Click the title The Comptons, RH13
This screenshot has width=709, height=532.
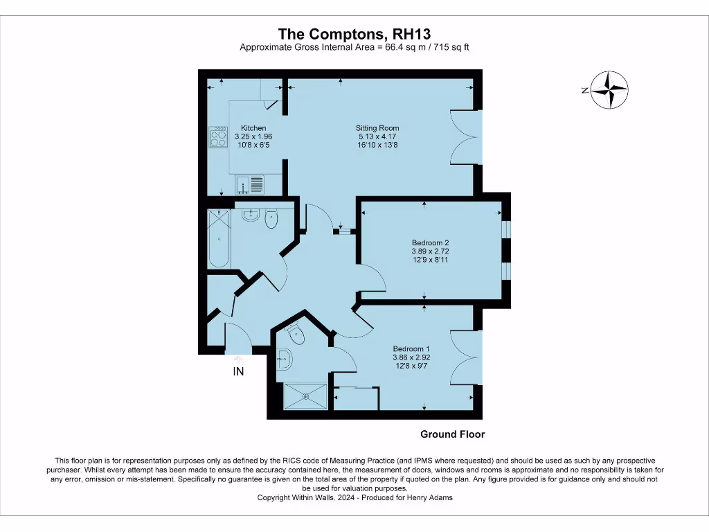(x=354, y=34)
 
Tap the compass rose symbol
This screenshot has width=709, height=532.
(x=609, y=89)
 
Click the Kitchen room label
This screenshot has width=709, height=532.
(x=253, y=128)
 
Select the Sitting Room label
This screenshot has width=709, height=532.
(x=377, y=128)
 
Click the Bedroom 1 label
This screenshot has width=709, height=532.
(x=411, y=348)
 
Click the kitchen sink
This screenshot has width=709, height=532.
(x=250, y=184)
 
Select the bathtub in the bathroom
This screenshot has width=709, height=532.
(x=219, y=238)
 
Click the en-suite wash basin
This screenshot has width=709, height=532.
(x=284, y=359)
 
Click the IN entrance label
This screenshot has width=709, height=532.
(x=238, y=371)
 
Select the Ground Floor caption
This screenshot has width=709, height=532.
(x=453, y=434)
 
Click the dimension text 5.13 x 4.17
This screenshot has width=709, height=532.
(x=377, y=137)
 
